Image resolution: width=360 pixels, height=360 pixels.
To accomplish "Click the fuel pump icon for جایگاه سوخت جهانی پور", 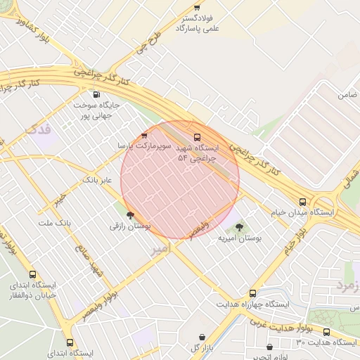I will pyautogui.click(x=96, y=94).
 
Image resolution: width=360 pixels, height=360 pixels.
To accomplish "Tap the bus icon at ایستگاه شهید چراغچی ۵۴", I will pyautogui.click(x=196, y=137).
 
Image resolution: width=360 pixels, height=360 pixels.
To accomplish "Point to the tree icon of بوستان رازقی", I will pyautogui.click(x=129, y=216).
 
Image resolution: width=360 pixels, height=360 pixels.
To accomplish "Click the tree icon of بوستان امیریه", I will pyautogui.click(x=240, y=227).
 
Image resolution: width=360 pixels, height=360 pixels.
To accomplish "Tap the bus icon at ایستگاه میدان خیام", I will pyautogui.click(x=302, y=201).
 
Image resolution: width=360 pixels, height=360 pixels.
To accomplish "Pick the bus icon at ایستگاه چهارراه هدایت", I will pyautogui.click(x=252, y=293).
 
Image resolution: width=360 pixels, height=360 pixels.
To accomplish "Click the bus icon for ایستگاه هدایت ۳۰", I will pyautogui.click(x=326, y=331).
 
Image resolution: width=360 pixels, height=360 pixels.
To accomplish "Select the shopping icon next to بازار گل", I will pyautogui.click(x=203, y=337).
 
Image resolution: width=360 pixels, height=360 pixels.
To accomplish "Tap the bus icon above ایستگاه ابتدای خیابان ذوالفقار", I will pyautogui.click(x=32, y=275).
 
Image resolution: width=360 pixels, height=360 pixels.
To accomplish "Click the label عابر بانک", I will pyautogui.click(x=97, y=181).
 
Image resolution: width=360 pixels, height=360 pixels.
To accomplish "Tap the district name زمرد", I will pyautogui.click(x=348, y=285).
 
